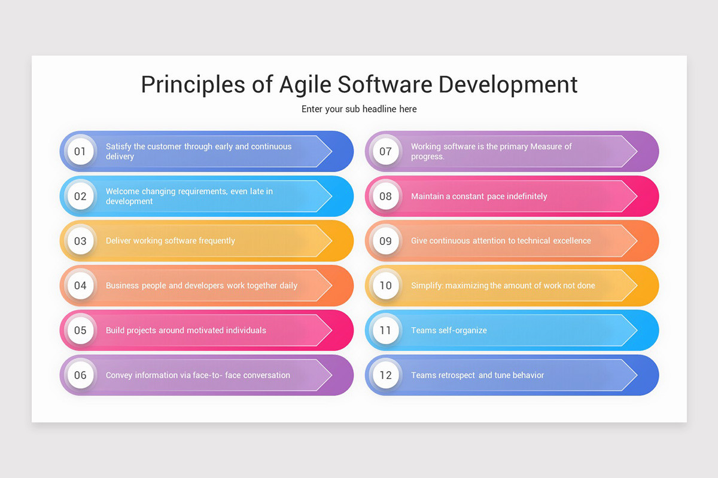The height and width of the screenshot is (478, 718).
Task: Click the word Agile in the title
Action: coord(305,85)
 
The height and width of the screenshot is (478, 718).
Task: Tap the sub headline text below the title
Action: coord(359,109)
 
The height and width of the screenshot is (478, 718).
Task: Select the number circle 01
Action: coord(80,151)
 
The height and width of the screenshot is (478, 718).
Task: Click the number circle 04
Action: coord(80,285)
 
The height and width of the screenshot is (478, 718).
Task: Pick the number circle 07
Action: coord(385,151)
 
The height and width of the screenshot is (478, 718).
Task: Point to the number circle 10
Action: coord(385,285)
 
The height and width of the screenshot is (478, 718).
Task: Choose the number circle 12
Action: coord(385,375)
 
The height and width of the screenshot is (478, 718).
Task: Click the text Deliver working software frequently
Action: coord(170,241)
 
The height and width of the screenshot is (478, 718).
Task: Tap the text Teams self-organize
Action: coord(449,330)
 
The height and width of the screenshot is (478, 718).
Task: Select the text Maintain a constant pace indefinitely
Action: coord(479,196)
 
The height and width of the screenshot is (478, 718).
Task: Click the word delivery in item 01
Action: coord(120,157)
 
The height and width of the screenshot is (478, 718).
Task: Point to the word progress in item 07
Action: coord(427,157)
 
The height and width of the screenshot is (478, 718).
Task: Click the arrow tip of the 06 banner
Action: coord(331,375)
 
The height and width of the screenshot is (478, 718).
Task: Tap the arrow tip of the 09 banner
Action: coord(637,241)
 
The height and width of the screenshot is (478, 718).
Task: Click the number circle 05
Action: coord(80,330)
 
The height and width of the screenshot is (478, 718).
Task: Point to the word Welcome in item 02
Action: coord(123,191)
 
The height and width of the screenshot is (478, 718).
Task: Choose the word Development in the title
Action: coord(508,85)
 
